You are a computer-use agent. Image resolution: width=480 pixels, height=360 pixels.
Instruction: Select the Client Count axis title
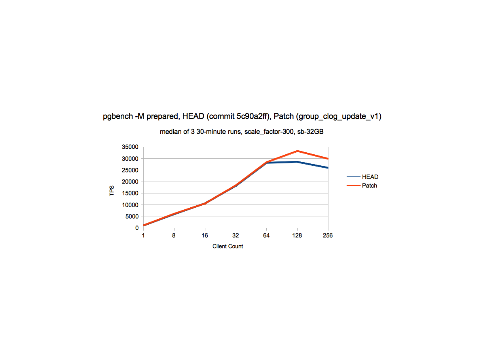[x=228, y=246]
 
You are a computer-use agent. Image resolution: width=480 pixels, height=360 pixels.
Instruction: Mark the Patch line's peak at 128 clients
[x=297, y=151]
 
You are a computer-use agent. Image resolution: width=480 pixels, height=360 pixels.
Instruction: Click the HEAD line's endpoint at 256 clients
[x=328, y=168]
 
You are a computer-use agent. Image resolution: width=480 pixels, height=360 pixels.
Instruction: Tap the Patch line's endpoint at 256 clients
[x=328, y=159]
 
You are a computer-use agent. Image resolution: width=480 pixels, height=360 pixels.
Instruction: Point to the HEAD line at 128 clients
[x=297, y=162]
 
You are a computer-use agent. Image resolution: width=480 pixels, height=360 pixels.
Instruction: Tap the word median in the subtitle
[x=170, y=132]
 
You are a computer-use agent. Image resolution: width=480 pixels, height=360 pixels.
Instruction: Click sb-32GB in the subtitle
[x=311, y=132]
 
